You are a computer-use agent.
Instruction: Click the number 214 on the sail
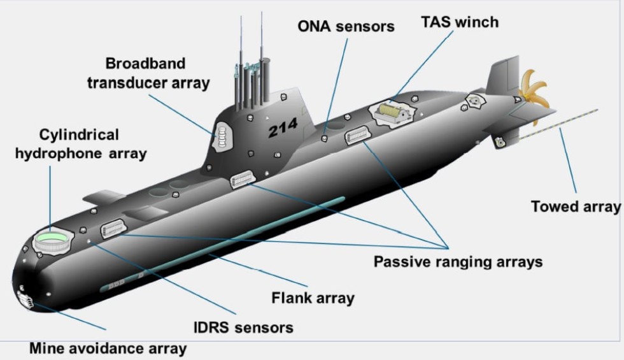pyautogui.click(x=282, y=129)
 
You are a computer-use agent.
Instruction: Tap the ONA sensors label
pyautogui.click(x=346, y=26)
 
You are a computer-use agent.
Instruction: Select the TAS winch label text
pyautogui.click(x=459, y=23)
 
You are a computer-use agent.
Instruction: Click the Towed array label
pyautogui.click(x=575, y=206)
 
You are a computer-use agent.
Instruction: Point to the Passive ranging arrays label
pyautogui.click(x=458, y=261)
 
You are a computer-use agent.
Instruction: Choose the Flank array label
pyautogui.click(x=313, y=298)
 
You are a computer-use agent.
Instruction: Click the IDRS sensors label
pyautogui.click(x=243, y=328)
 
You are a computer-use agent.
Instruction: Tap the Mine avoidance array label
pyautogui.click(x=108, y=349)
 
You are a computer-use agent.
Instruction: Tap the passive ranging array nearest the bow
pyautogui.click(x=112, y=227)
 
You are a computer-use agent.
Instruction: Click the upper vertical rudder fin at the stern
pyautogui.click(x=503, y=75)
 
